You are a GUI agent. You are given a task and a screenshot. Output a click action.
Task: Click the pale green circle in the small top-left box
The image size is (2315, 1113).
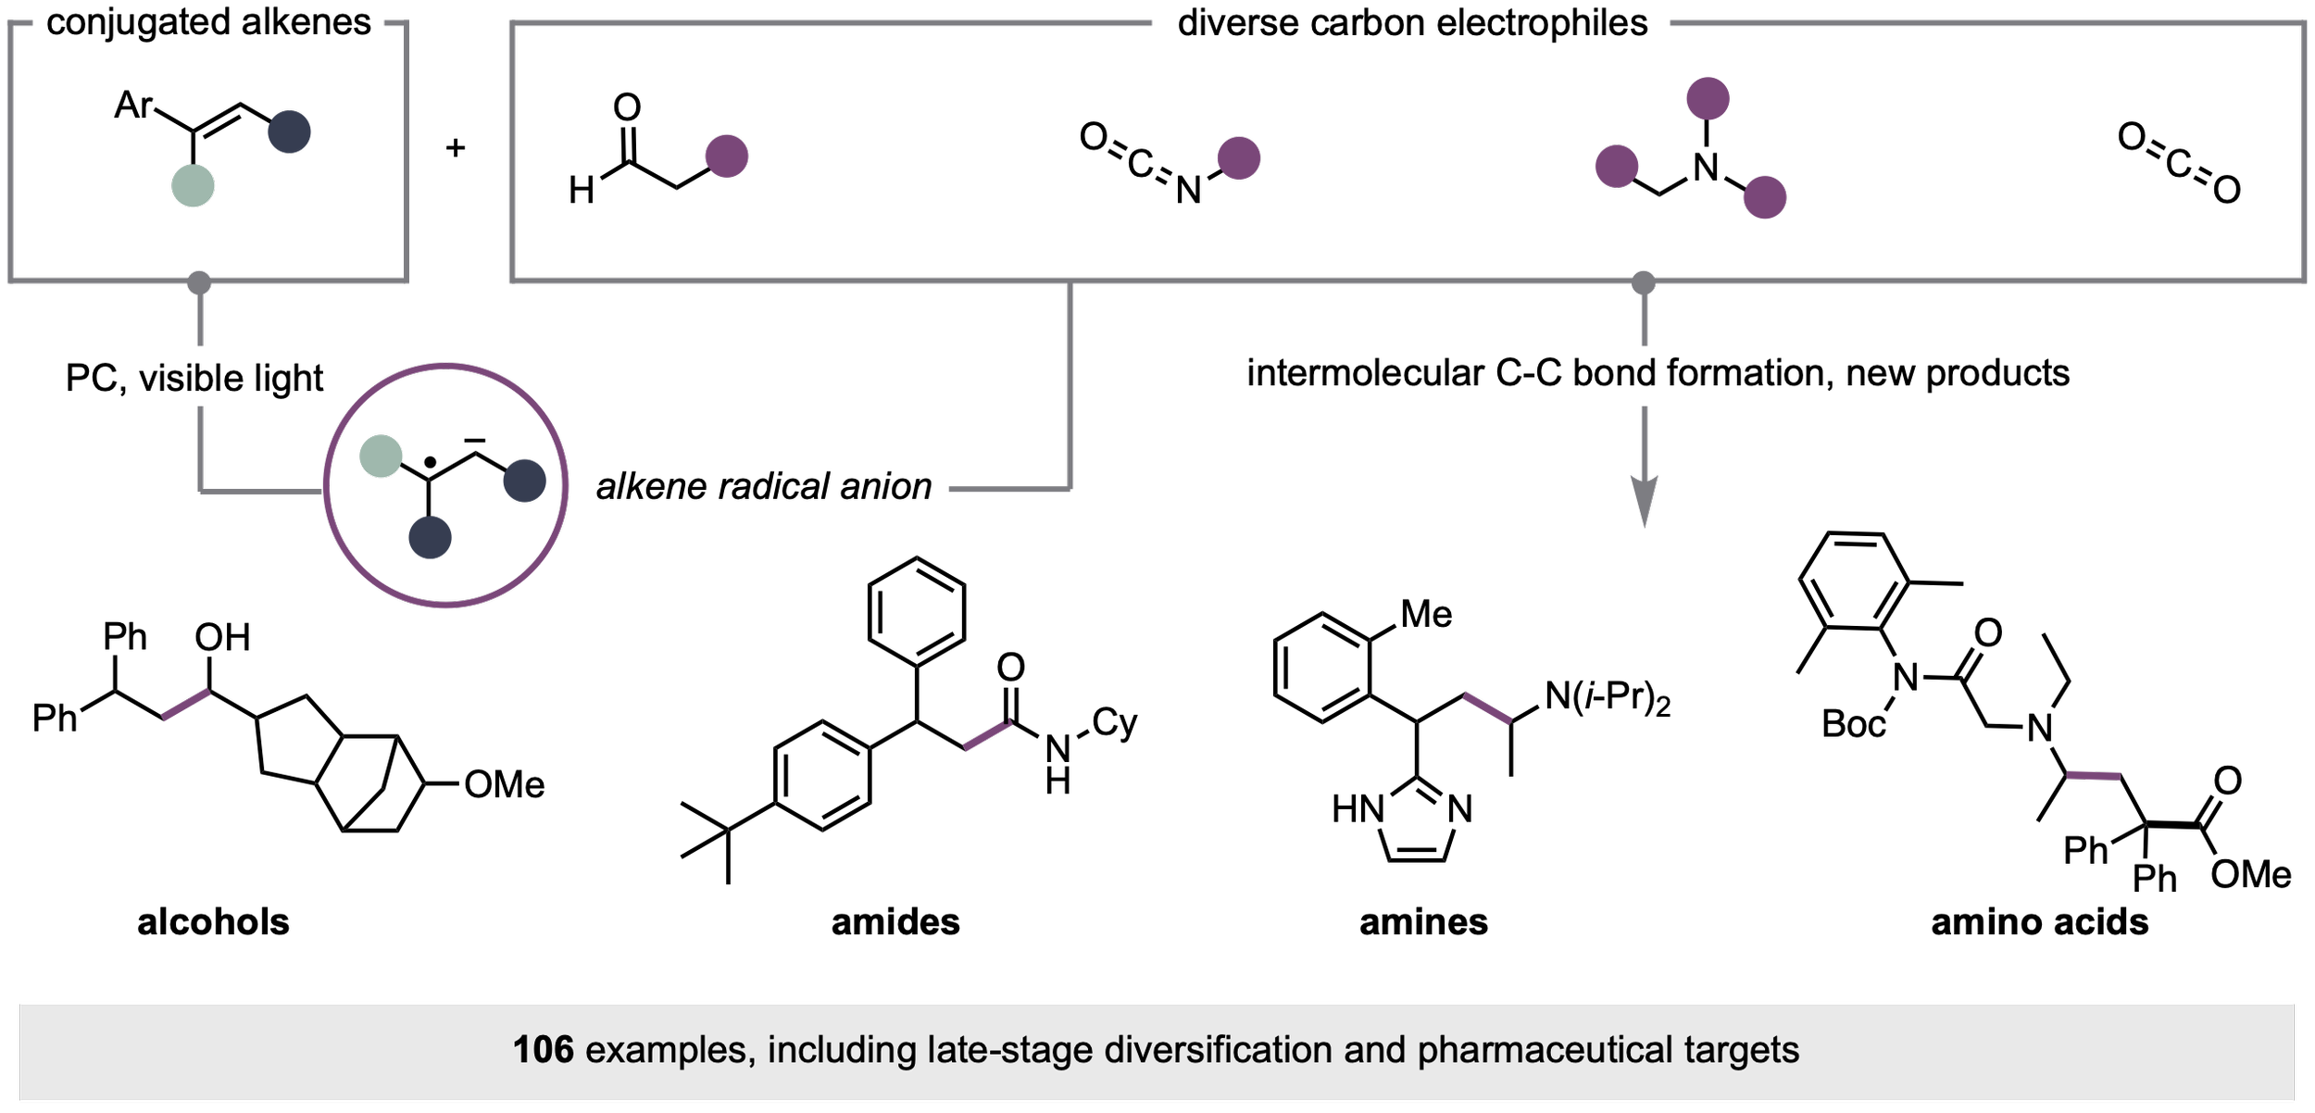(x=193, y=185)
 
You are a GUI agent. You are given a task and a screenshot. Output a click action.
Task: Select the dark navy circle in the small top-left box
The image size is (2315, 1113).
(x=289, y=131)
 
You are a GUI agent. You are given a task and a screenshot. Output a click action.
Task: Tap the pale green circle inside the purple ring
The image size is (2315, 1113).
(x=381, y=456)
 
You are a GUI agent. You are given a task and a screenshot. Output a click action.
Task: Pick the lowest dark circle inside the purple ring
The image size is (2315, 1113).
(x=430, y=537)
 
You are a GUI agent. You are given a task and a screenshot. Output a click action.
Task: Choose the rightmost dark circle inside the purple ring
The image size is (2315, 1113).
(x=524, y=481)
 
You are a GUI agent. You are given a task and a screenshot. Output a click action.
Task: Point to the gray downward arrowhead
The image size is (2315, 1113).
(x=1644, y=500)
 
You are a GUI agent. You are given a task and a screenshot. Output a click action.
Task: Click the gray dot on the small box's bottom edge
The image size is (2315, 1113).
(x=199, y=282)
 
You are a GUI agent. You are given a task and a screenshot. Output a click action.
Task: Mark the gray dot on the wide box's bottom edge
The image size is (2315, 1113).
(x=1643, y=282)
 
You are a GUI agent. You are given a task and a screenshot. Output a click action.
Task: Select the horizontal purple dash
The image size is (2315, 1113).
(x=2094, y=776)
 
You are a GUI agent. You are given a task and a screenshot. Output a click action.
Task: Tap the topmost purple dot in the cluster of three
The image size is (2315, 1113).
(x=1708, y=98)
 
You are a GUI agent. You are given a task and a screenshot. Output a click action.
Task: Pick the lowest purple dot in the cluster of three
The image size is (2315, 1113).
(x=1764, y=197)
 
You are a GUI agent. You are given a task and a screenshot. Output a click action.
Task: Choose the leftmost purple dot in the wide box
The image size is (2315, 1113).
(x=727, y=156)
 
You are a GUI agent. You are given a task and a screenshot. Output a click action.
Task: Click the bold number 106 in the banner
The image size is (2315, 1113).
(x=543, y=1050)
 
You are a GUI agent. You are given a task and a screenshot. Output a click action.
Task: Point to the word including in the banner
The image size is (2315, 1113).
(x=842, y=1050)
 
